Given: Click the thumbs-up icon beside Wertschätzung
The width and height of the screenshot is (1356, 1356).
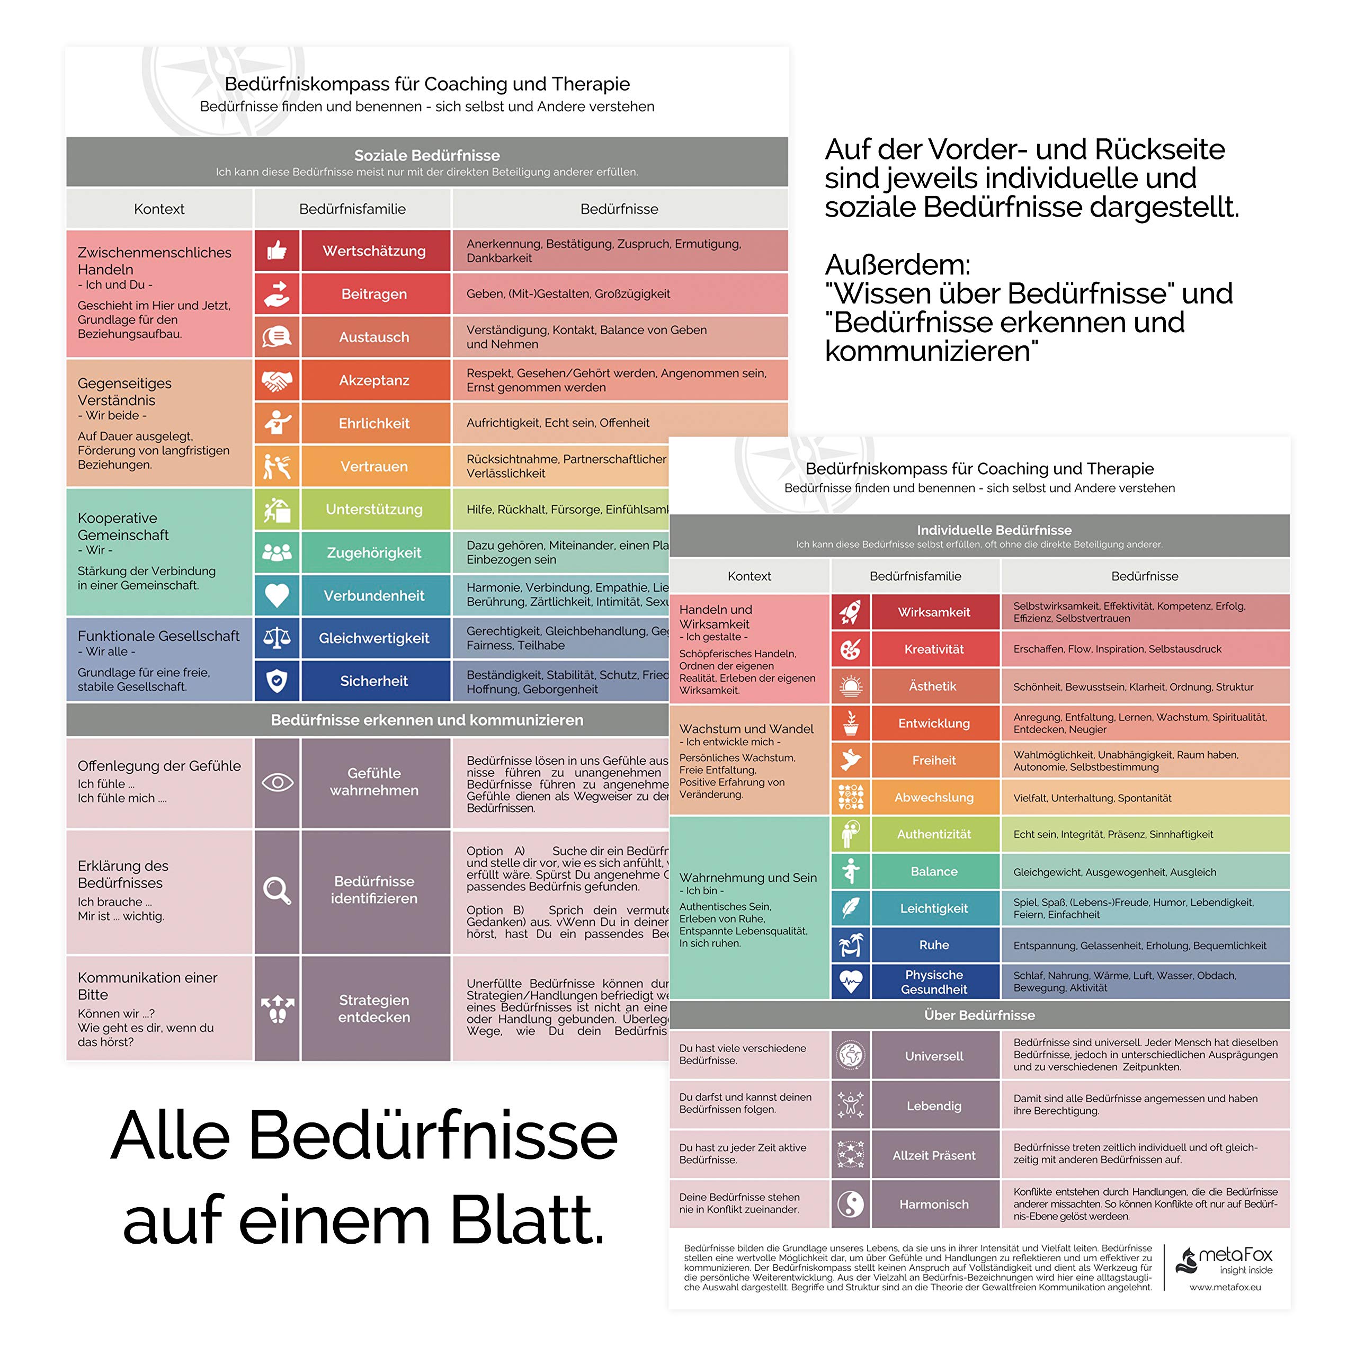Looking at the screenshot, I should pos(276,251).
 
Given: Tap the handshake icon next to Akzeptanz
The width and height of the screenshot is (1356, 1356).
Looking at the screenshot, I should pos(276,380).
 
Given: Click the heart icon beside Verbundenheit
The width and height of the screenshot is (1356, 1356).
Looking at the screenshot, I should pos(276,595).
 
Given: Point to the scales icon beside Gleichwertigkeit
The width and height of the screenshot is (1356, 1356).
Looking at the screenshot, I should pos(276,638).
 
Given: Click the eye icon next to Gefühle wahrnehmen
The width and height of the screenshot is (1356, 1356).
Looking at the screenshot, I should pos(276,782).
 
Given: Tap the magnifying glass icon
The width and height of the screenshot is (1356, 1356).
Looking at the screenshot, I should pos(276,890).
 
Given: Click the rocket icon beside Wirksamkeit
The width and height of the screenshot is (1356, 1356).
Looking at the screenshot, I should pos(851,612).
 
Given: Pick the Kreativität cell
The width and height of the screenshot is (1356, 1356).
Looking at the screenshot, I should pos(934,649).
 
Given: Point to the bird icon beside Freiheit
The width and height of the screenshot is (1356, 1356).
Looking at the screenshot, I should pos(851,760).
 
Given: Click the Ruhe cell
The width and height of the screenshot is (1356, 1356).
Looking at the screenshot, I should pos(934,945).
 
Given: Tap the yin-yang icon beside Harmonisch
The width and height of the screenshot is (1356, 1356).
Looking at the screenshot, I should pos(851,1205).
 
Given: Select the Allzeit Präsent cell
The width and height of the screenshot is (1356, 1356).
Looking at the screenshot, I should pos(934,1155).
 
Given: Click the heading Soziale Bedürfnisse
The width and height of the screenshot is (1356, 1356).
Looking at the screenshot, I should pos(427,155).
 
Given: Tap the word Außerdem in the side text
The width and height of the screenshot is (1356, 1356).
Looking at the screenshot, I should pos(897,265).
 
